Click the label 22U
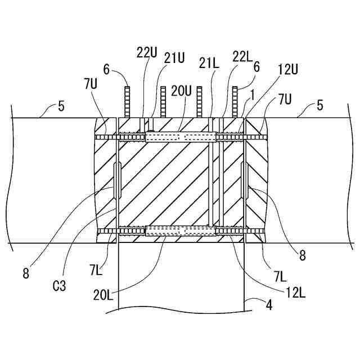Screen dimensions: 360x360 tap(146, 52)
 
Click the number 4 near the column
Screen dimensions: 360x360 tap(269, 307)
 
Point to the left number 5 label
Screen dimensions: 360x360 tap(61, 104)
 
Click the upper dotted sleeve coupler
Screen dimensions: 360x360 tap(180, 137)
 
